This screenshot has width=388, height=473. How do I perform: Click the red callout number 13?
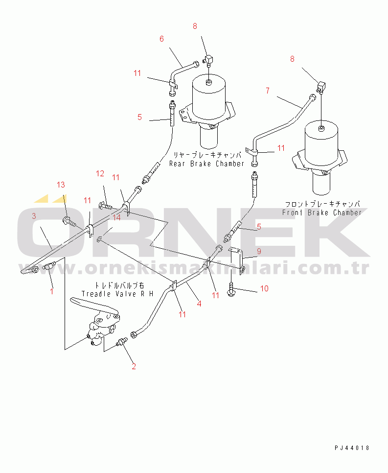coord(61,185)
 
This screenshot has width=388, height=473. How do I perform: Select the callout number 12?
coord(100,173)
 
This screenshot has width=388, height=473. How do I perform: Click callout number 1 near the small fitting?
coord(51,290)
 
